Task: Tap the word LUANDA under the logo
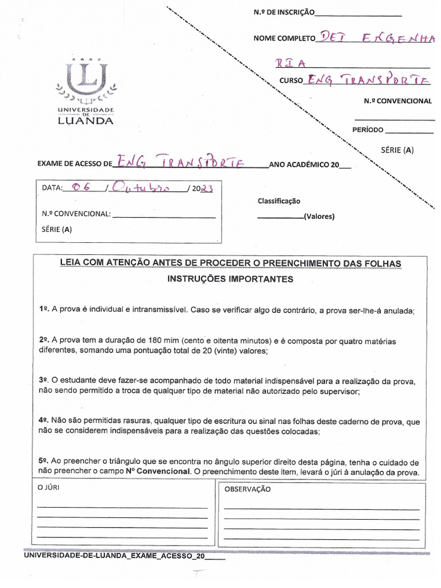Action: pyautogui.click(x=86, y=121)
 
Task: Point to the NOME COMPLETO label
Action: pyautogui.click(x=284, y=38)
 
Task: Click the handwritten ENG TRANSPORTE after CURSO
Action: pyautogui.click(x=367, y=80)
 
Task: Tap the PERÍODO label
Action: pyautogui.click(x=367, y=130)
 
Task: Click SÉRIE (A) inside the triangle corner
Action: pyautogui.click(x=397, y=150)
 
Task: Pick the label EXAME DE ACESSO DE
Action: pyautogui.click(x=75, y=164)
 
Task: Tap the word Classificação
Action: pyautogui.click(x=279, y=201)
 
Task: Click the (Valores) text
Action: pyautogui.click(x=319, y=216)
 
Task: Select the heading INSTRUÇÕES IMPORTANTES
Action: pyautogui.click(x=230, y=279)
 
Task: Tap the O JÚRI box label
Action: pyautogui.click(x=48, y=488)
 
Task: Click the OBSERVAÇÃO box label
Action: pyautogui.click(x=247, y=489)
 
